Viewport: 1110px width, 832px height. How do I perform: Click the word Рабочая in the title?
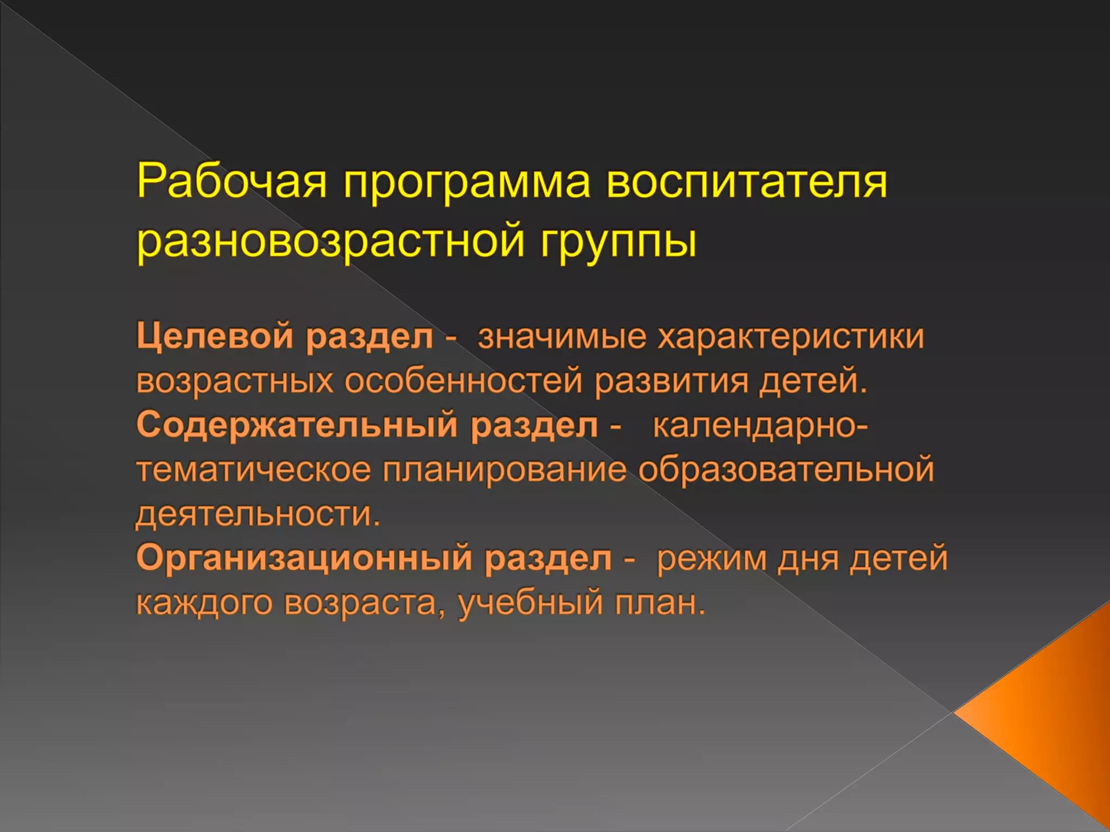232,181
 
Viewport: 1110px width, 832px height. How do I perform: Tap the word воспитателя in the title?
746,181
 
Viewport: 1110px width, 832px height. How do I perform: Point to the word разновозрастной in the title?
331,241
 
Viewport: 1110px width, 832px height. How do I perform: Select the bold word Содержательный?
297,425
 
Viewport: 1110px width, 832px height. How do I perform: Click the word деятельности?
258,514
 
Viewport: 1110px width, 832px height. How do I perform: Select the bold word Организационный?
304,558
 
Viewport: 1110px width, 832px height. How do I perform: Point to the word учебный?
531,603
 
